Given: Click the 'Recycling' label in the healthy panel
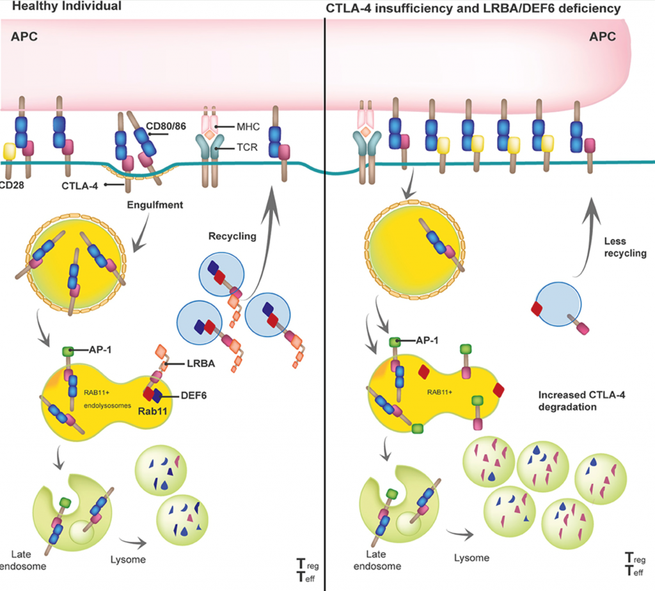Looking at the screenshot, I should pyautogui.click(x=232, y=236).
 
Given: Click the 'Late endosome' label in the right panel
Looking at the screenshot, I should pyautogui.click(x=383, y=558).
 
